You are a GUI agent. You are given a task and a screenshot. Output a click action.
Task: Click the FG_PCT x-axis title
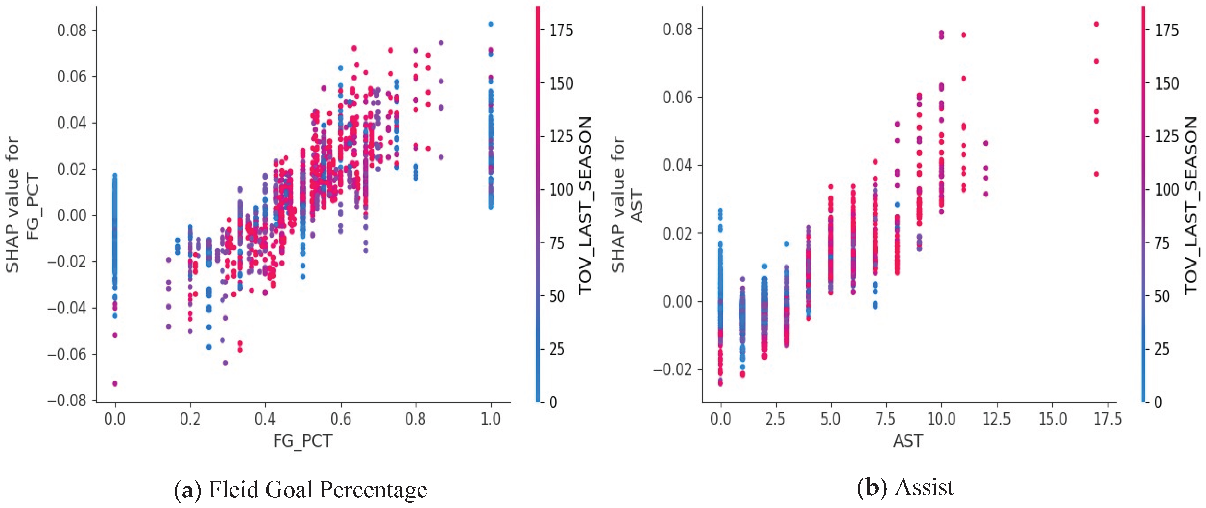point(302,441)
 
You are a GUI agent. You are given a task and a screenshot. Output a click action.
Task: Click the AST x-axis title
point(908,441)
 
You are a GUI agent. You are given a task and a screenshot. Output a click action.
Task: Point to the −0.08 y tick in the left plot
point(67,401)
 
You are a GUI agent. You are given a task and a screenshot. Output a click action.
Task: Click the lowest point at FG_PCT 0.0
point(115,383)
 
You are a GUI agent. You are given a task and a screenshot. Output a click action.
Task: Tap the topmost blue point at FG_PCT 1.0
point(491,24)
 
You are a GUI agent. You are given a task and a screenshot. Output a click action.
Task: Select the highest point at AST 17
point(1096,24)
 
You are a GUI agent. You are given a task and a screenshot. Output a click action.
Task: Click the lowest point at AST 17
point(1096,174)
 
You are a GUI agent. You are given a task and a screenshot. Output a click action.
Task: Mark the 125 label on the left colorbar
point(561,136)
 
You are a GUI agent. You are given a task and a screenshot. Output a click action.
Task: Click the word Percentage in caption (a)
point(373,490)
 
